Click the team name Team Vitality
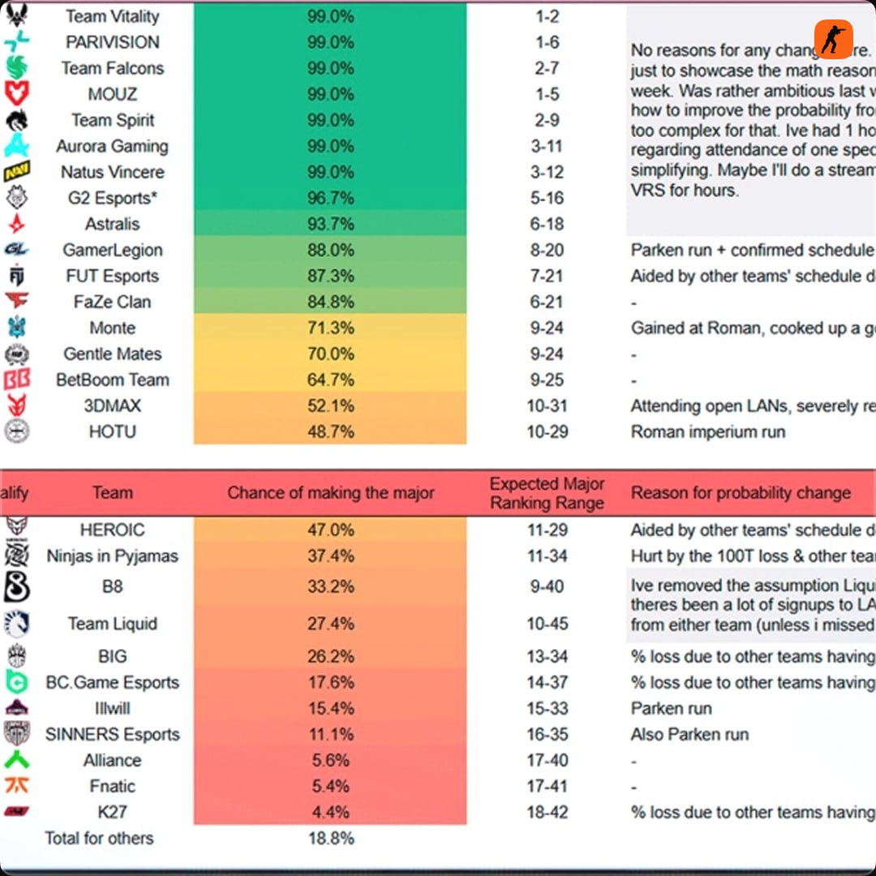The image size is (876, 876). (x=113, y=16)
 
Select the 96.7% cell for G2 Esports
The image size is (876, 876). (x=330, y=198)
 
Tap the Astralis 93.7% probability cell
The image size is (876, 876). (x=330, y=224)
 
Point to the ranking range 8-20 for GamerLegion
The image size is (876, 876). (x=547, y=250)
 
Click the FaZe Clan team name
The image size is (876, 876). (x=113, y=302)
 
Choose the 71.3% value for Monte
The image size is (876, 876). (x=330, y=328)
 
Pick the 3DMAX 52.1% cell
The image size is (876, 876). (x=330, y=406)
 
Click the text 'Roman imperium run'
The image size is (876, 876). (x=708, y=432)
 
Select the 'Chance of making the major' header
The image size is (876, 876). (x=330, y=492)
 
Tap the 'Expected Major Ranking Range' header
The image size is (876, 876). (x=547, y=492)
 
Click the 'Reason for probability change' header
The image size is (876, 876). (x=741, y=492)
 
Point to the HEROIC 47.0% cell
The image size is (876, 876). (x=330, y=530)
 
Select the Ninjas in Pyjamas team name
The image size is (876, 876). (x=113, y=556)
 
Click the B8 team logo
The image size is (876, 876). (x=17, y=586)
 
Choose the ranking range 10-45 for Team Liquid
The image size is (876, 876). (x=547, y=624)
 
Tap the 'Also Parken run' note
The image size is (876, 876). (x=689, y=734)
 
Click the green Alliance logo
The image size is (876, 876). (x=17, y=760)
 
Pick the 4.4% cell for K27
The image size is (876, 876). (x=330, y=812)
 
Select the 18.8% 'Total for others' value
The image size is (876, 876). (x=330, y=838)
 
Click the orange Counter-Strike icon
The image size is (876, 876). (x=834, y=39)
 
